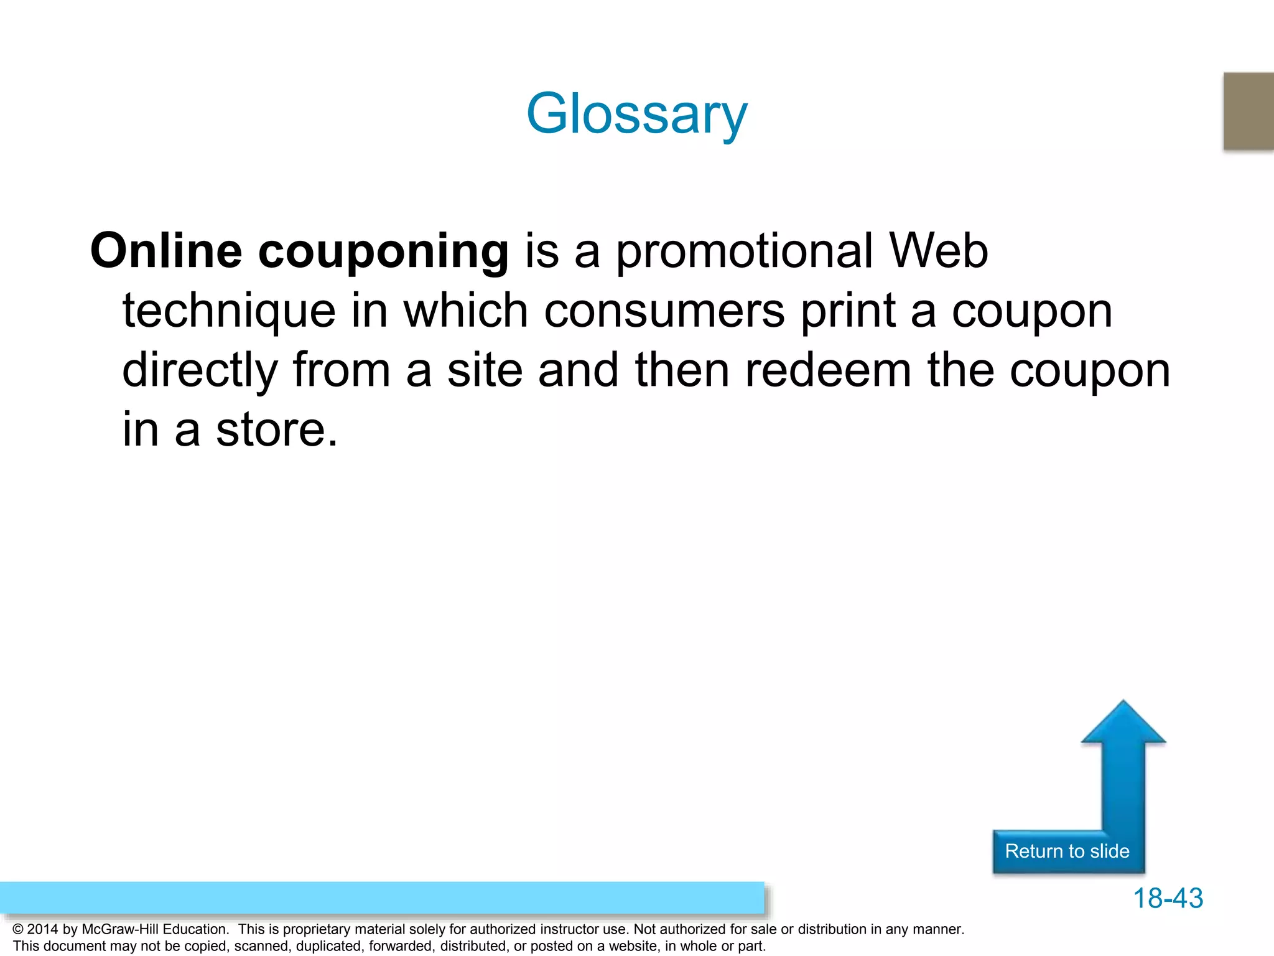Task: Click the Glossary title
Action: pos(636,113)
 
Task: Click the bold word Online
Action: pos(166,251)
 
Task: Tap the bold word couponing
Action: pos(383,252)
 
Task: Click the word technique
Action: pos(229,311)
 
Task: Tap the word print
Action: pos(848,311)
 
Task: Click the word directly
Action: pos(200,371)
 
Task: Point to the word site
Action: pos(485,370)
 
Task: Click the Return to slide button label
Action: pos(1067,851)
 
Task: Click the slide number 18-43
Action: pos(1168,898)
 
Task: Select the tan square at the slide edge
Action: pos(1249,111)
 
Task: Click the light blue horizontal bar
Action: pos(381,897)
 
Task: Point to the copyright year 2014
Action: pos(43,929)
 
